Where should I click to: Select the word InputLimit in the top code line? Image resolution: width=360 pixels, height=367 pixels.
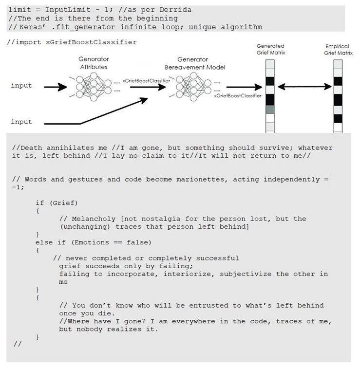66,10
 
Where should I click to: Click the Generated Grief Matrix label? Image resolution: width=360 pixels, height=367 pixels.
270,49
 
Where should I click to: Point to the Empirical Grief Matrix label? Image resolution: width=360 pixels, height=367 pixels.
339,49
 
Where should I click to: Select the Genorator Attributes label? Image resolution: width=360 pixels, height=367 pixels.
93,63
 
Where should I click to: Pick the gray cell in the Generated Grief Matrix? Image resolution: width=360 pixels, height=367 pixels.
270,110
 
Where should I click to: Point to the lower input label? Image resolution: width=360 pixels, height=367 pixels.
21,122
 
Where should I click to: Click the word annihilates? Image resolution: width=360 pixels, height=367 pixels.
72,147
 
